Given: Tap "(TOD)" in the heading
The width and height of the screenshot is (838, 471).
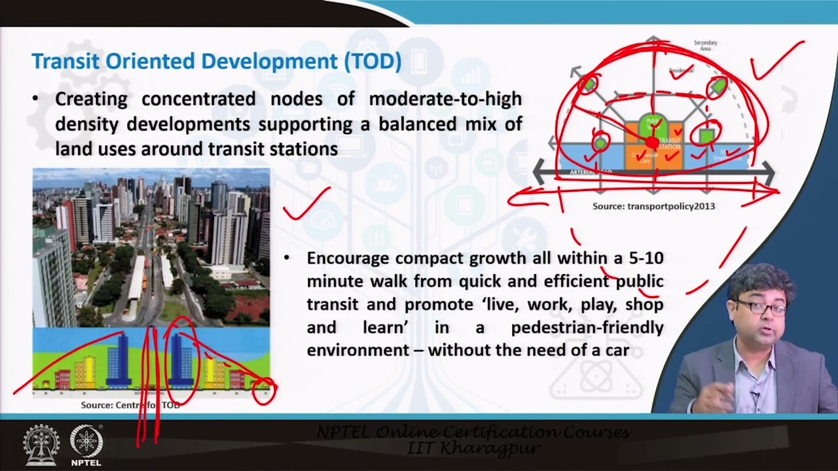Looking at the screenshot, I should click(x=373, y=61).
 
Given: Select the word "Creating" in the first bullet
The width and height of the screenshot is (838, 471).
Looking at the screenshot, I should click(x=90, y=99).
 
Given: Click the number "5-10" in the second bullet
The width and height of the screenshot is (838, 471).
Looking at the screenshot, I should click(x=646, y=258).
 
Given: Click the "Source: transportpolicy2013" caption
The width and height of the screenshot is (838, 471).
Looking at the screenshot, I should click(x=653, y=206).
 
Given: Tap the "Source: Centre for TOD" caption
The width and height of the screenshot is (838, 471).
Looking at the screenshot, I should click(x=130, y=405).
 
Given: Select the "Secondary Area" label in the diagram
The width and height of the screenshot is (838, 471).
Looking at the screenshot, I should click(x=705, y=45).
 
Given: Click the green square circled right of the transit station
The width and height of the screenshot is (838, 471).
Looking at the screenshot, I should click(x=706, y=136).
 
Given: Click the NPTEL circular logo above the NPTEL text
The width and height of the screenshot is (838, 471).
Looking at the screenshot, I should click(x=86, y=440).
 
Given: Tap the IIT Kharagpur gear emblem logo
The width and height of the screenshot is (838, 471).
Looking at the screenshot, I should click(x=41, y=444).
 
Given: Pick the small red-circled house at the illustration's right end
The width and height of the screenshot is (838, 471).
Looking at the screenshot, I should click(x=264, y=390).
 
